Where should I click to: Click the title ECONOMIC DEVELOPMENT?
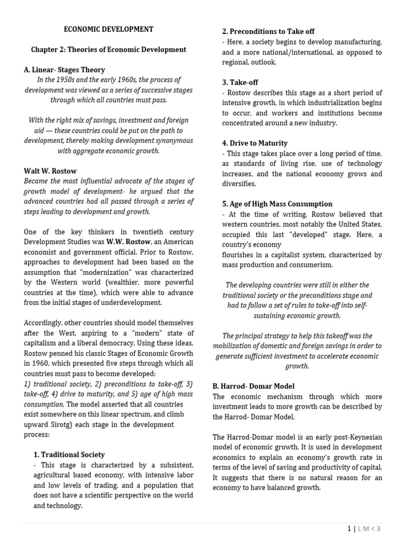point(108,30)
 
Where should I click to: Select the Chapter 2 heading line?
point(108,50)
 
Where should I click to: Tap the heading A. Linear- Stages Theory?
point(64,70)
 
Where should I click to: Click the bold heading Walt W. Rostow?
point(50,171)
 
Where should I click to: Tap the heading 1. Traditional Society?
point(69,455)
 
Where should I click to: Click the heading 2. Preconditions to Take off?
point(268,31)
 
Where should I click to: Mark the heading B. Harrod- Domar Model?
point(253,386)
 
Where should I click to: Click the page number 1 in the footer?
point(349,528)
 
